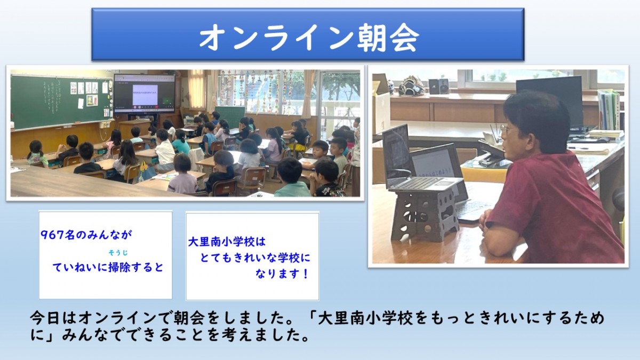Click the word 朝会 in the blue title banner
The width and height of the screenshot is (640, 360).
(388, 37)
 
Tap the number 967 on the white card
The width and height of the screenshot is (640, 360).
(53, 235)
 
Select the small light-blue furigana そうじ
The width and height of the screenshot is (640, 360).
(118, 253)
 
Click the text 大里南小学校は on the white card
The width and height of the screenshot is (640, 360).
(227, 242)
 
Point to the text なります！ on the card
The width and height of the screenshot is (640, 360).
(282, 274)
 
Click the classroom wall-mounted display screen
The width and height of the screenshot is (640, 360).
(145, 94)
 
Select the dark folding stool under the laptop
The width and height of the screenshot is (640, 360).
(425, 214)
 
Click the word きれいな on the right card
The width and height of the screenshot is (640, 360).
(251, 258)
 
